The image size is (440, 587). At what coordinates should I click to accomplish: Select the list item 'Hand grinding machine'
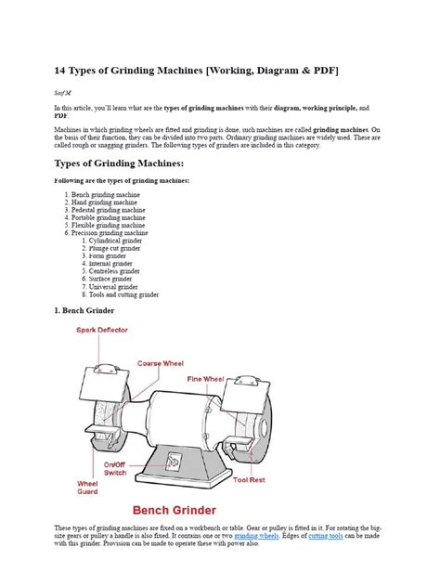pyautogui.click(x=104, y=202)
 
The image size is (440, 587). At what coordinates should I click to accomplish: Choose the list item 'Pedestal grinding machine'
pyautogui.click(x=109, y=209)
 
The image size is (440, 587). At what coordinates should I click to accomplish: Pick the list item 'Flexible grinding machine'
pyautogui.click(x=108, y=225)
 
